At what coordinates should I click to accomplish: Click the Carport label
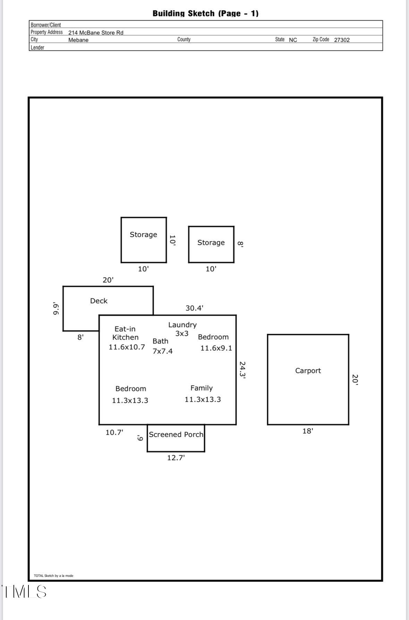pyautogui.click(x=308, y=370)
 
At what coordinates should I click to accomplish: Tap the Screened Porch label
pyautogui.click(x=176, y=434)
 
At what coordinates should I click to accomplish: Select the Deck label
pyautogui.click(x=99, y=301)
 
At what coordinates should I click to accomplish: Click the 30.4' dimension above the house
pyautogui.click(x=194, y=308)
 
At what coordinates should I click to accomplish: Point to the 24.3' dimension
pyautogui.click(x=242, y=370)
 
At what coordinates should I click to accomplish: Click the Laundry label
pyautogui.click(x=182, y=325)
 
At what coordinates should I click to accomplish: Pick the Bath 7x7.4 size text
pyautogui.click(x=163, y=351)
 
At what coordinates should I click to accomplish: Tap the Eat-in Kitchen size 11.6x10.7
pyautogui.click(x=127, y=347)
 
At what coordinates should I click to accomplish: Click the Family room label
pyautogui.click(x=202, y=388)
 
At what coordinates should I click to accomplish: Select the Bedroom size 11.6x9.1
pyautogui.click(x=216, y=348)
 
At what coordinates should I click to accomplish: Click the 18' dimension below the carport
pyautogui.click(x=308, y=431)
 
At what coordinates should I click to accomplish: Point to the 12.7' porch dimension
pyautogui.click(x=176, y=458)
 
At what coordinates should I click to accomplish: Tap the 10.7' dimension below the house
pyautogui.click(x=114, y=432)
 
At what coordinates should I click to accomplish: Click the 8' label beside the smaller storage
pyautogui.click(x=240, y=244)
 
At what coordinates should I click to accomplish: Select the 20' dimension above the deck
pyautogui.click(x=108, y=280)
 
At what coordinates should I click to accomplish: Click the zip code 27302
pyautogui.click(x=342, y=40)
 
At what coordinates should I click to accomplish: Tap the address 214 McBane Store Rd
pyautogui.click(x=96, y=33)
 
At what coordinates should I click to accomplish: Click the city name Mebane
pyautogui.click(x=78, y=40)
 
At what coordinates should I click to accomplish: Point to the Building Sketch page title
pyautogui.click(x=205, y=14)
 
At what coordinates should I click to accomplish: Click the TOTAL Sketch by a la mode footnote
pyautogui.click(x=53, y=576)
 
